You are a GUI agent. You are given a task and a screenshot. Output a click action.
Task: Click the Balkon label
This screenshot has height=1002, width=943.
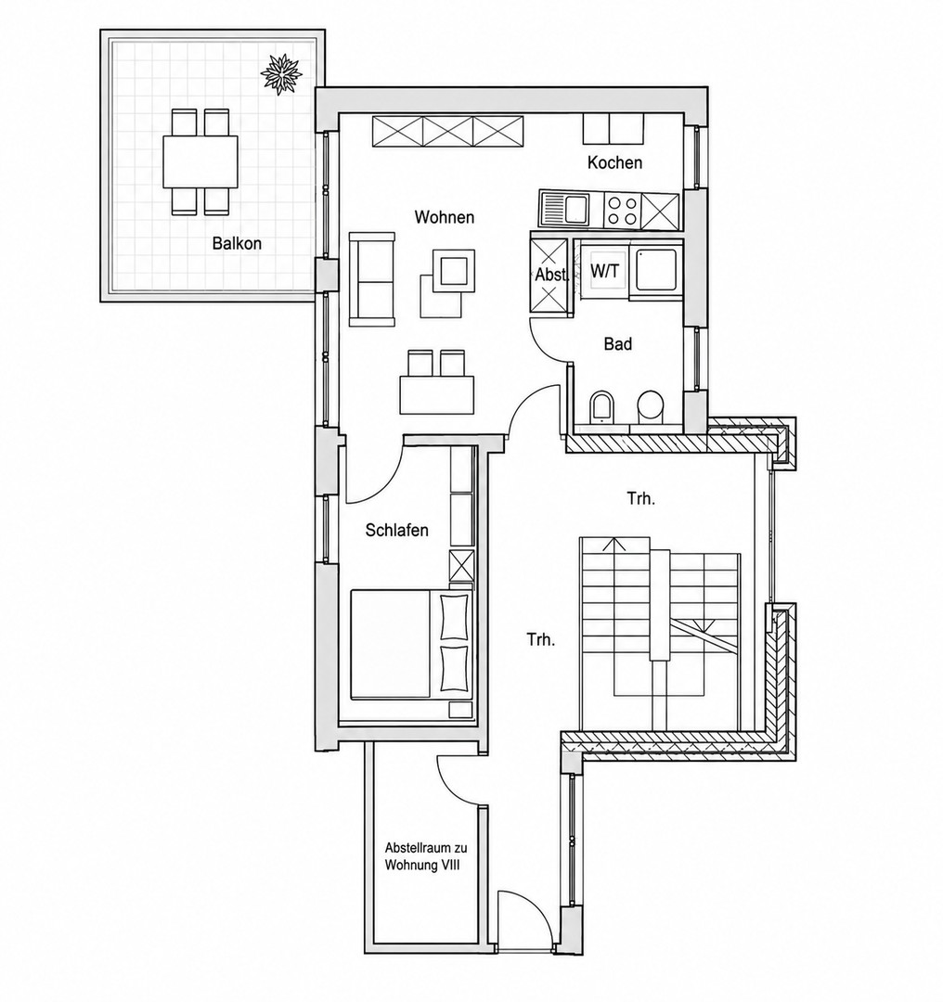point(237,243)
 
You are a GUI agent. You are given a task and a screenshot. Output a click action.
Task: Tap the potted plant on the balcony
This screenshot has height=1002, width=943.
point(281,73)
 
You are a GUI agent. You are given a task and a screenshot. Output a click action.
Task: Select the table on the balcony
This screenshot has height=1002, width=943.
point(200,161)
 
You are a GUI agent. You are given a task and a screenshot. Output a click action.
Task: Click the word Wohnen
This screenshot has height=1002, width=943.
point(445,217)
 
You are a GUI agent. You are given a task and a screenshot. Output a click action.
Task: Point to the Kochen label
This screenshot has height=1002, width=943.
point(614,162)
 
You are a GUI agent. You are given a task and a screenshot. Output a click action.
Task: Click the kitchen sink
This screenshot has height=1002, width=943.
point(566,209)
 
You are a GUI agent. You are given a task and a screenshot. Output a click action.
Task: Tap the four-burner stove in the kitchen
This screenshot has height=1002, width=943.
point(622,210)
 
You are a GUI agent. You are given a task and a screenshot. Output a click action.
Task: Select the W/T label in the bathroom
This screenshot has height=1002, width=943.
point(604,271)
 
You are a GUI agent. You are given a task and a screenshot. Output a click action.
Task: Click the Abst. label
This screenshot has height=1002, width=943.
point(551,275)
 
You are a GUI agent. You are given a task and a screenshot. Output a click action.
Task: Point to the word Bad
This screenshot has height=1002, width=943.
point(617,344)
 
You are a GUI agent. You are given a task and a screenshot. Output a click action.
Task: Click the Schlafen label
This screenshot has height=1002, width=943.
point(397,530)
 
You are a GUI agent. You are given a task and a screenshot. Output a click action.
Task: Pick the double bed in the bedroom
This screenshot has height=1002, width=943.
point(411,644)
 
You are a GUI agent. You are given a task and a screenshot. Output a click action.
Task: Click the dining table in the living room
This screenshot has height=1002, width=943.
point(437,395)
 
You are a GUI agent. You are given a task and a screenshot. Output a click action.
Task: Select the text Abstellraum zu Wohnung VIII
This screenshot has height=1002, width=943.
point(426,857)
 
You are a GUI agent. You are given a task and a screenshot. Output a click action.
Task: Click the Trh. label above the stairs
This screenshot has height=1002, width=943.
point(640,498)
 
